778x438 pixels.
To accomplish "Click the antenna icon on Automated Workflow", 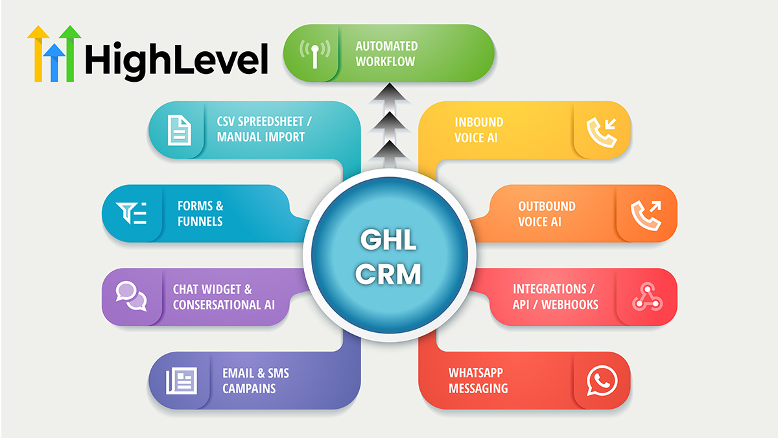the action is coord(314,53).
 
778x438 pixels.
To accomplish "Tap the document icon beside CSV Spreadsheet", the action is coord(179,130).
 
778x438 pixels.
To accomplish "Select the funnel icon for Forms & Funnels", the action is coord(131,213).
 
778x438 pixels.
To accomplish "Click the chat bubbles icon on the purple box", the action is coord(131,296).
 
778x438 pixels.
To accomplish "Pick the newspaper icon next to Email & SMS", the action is coord(182,381).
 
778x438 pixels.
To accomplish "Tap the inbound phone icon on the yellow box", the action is coord(602,132).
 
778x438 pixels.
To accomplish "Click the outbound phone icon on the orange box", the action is coord(646,215).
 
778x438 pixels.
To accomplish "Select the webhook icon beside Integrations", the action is coord(648,297).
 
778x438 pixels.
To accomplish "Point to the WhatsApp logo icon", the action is coord(602,380).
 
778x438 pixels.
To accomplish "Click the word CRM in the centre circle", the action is coord(388,274).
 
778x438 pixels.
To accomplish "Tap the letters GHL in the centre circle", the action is coord(388,239).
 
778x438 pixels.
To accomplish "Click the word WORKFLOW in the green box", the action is coord(385,62).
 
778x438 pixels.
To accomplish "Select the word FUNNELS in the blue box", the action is coord(200,221).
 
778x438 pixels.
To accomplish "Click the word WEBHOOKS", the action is coord(570,305).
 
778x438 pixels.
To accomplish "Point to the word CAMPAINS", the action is coord(249,388).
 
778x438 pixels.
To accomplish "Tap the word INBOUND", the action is coord(479,122).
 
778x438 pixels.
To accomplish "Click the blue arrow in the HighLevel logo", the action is coord(54,62).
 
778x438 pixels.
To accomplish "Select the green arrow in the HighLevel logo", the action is coord(70,53).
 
